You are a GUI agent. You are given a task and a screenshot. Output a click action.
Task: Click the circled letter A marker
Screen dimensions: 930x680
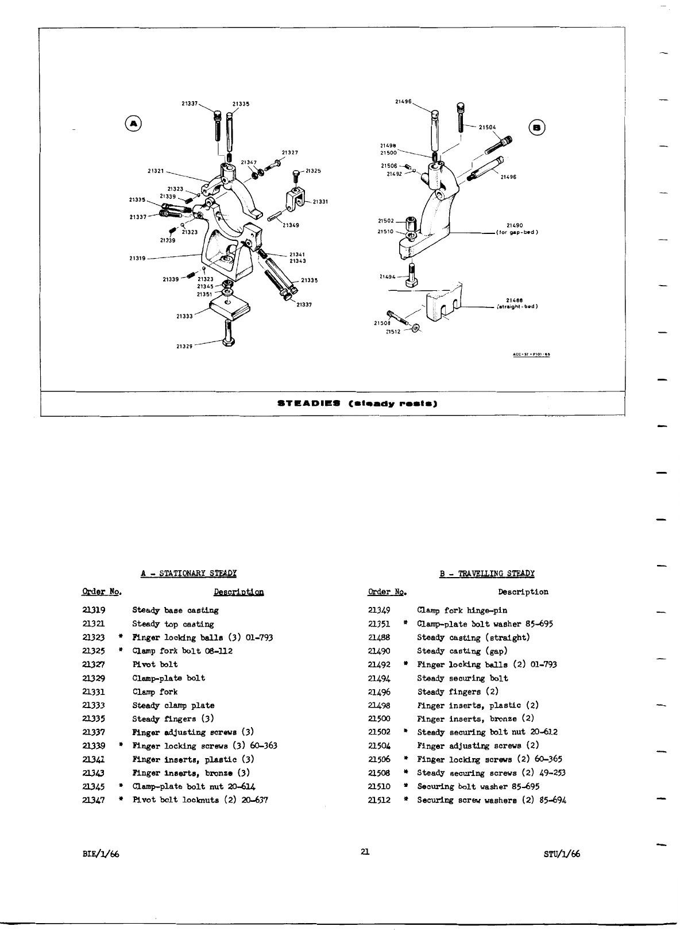point(133,124)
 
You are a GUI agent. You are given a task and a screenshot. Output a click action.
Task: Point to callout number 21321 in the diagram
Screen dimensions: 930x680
point(156,171)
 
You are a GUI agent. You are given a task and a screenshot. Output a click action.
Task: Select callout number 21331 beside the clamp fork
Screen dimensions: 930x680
point(320,201)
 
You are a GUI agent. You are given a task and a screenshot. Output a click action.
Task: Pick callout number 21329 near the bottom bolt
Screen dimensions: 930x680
point(184,346)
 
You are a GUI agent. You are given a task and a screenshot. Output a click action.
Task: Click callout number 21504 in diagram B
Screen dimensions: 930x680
point(487,128)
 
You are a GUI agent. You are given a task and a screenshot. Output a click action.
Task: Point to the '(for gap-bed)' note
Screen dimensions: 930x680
point(517,232)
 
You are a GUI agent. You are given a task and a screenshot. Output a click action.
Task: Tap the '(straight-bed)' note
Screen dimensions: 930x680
point(517,306)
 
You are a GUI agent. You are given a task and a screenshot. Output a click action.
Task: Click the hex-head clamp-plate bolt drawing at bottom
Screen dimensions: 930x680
point(230,336)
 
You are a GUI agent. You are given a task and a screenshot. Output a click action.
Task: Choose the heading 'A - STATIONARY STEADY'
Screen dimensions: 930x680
point(189,573)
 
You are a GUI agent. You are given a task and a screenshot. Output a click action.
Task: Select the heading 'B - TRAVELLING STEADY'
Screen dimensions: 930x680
point(487,573)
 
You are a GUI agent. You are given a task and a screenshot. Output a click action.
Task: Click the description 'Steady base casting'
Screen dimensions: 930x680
point(175,610)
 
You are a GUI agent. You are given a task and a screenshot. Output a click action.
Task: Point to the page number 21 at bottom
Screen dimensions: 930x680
point(365,852)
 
